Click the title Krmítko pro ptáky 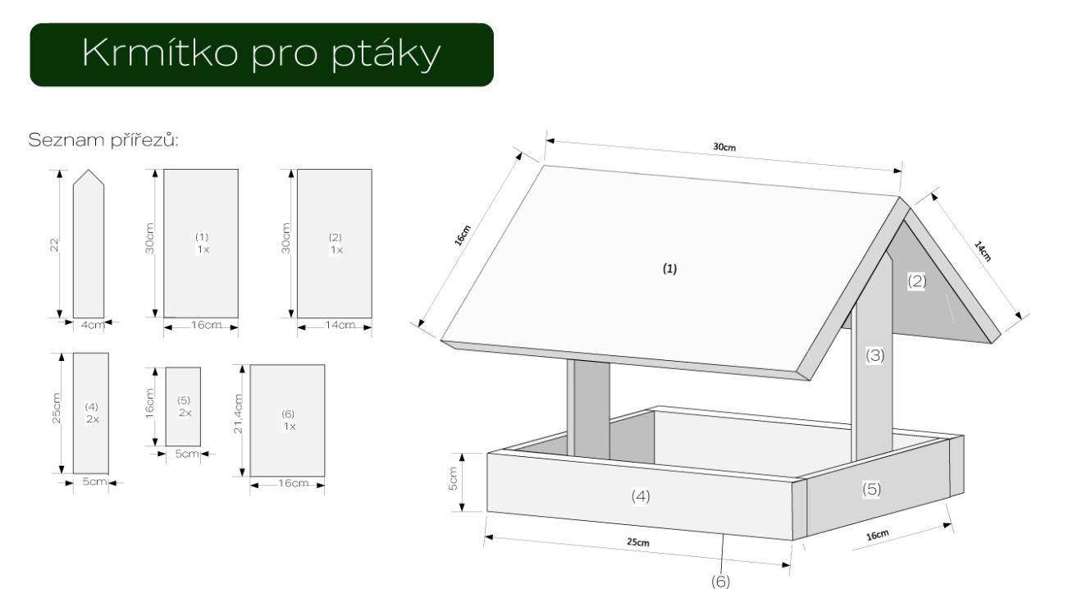tap(261, 54)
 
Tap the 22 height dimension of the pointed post tap(55, 244)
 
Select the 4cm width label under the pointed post tap(93, 326)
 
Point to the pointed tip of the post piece tap(89, 171)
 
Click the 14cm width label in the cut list tap(340, 326)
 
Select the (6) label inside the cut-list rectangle tap(288, 414)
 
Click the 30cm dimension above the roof tap(724, 148)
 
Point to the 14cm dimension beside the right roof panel tap(982, 250)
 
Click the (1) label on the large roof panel tap(670, 268)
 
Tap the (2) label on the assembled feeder tap(916, 281)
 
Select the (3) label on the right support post tap(875, 356)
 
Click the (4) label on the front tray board tap(641, 495)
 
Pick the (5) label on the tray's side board tap(871, 489)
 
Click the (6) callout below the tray tap(719, 581)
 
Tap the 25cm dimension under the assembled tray tap(638, 542)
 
